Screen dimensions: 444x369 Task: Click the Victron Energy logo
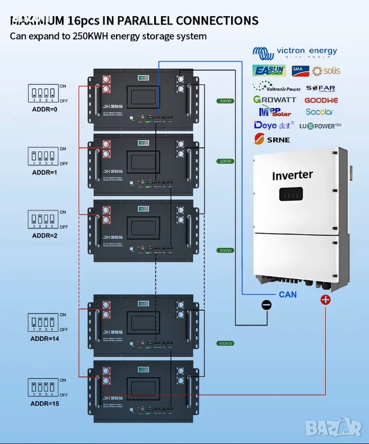295,53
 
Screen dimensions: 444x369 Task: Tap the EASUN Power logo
269,71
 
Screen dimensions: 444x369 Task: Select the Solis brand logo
326,71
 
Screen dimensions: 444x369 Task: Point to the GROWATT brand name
274,99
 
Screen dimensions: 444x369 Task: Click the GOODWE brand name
320,100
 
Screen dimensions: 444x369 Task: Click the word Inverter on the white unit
292,175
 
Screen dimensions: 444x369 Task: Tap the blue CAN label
288,294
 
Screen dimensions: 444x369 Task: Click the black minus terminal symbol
266,305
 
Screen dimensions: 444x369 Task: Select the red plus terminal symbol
326,300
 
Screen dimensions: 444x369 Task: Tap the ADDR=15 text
45,403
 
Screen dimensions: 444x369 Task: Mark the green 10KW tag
225,101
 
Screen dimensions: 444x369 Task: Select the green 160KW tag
225,343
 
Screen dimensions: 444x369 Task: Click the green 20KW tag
225,161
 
